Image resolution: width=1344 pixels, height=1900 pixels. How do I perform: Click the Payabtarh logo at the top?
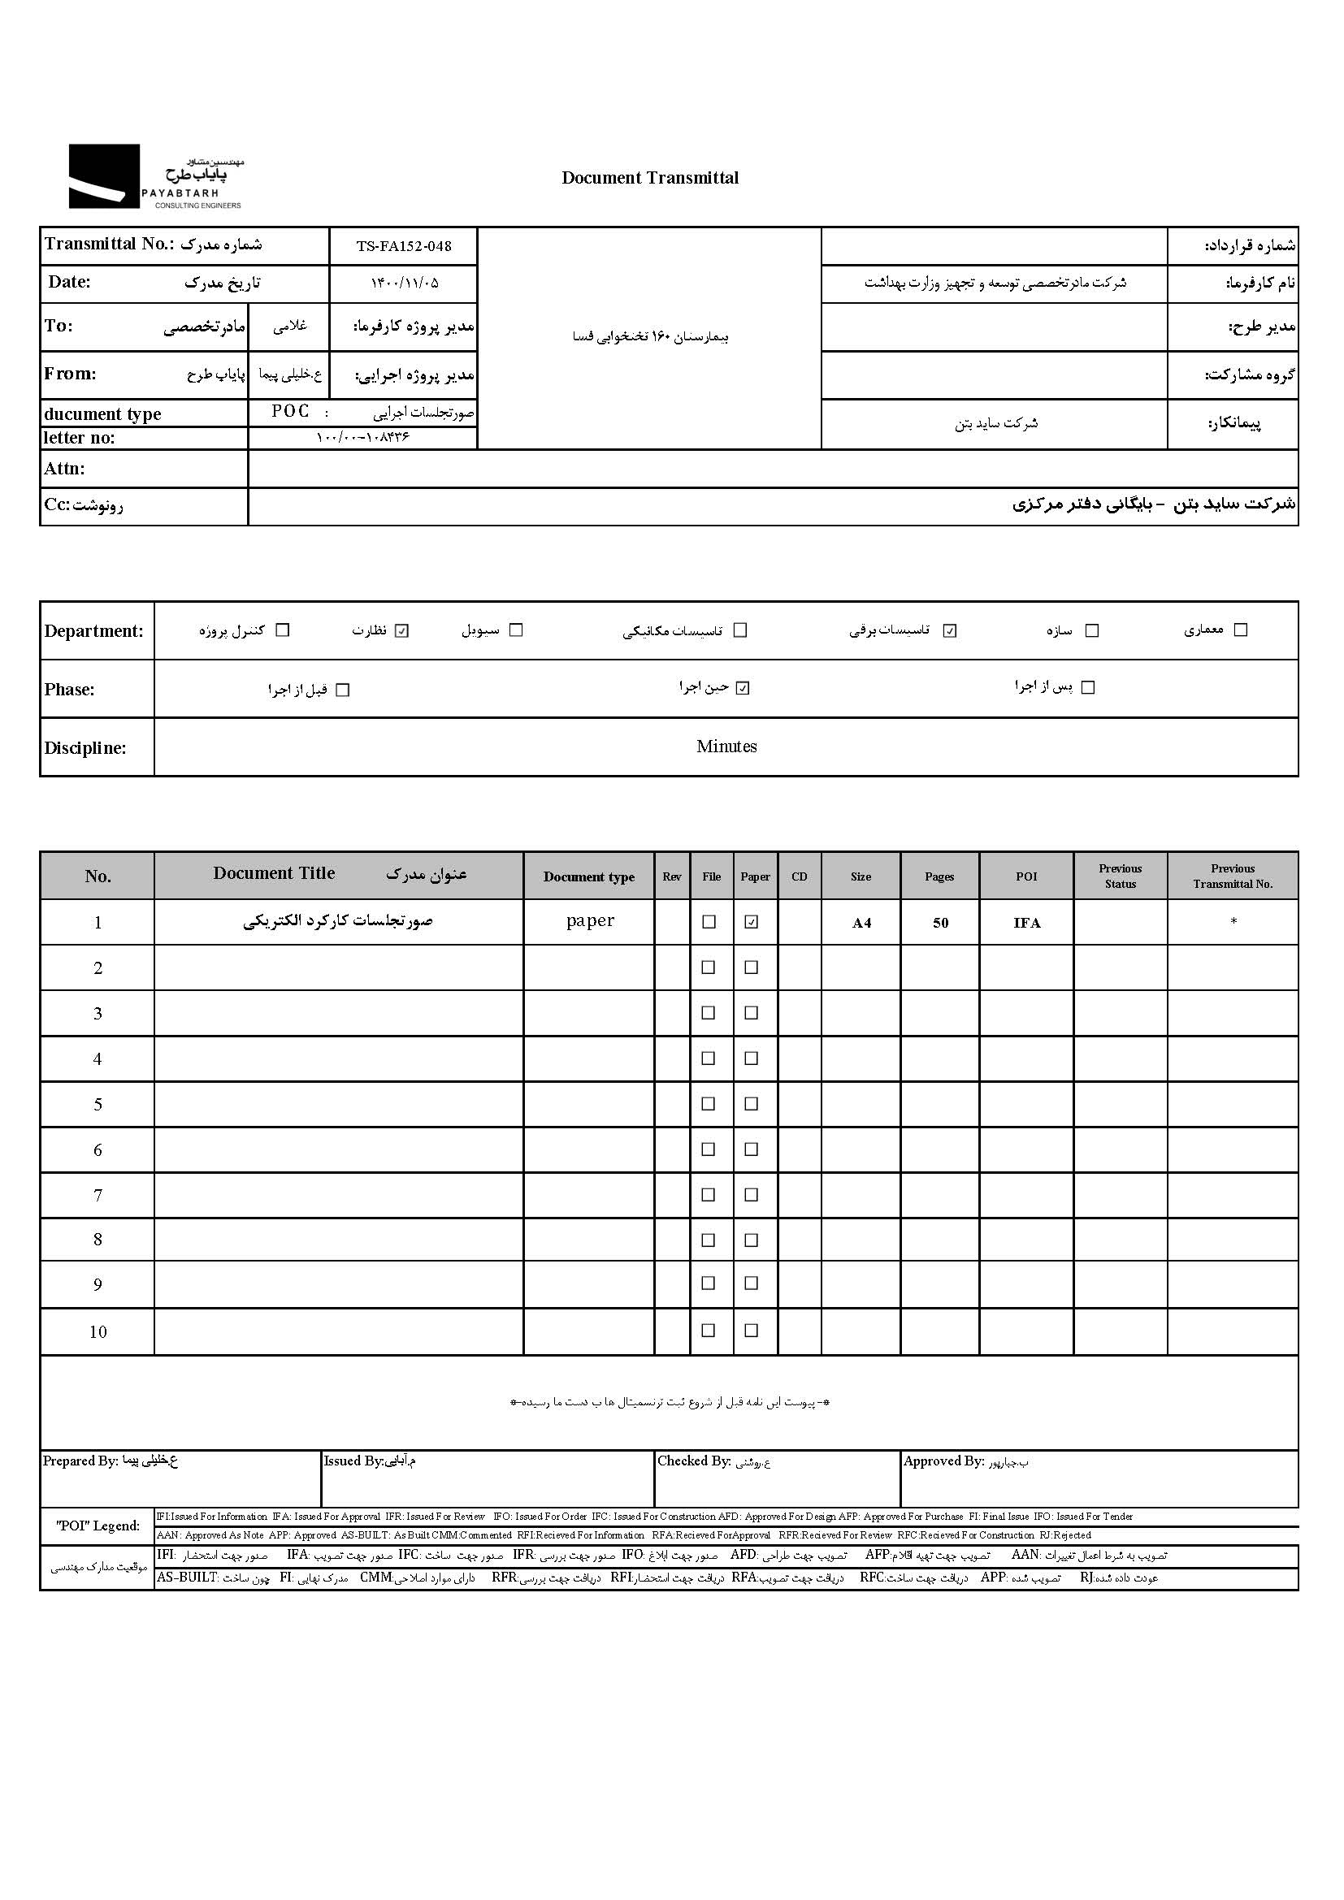(155, 176)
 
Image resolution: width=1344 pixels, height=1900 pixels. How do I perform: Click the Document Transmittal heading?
(650, 178)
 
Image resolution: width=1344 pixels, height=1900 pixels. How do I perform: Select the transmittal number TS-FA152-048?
(404, 246)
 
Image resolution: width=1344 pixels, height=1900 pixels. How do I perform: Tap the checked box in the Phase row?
(743, 689)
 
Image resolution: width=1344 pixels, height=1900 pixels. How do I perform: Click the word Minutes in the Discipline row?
(726, 747)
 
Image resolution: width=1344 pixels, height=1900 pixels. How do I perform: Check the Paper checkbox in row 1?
(752, 922)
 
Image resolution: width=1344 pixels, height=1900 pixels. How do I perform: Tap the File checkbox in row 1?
(709, 922)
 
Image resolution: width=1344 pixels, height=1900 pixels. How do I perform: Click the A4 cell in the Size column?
(861, 924)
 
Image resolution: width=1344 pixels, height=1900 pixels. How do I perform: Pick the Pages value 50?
(940, 924)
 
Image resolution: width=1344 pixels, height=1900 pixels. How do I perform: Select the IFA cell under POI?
(1026, 924)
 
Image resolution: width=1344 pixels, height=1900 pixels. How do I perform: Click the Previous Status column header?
(1120, 876)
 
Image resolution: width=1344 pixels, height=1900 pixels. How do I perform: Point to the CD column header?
(800, 877)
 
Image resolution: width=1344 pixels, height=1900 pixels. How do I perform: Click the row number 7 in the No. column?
(98, 1195)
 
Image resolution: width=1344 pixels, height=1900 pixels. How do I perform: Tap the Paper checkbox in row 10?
(752, 1331)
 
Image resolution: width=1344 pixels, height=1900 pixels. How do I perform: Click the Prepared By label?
(80, 1461)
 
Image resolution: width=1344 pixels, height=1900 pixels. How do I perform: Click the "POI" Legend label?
(98, 1526)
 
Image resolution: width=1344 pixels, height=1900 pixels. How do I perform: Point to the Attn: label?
(64, 470)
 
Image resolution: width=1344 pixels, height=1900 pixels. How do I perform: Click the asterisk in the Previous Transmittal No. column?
(1233, 922)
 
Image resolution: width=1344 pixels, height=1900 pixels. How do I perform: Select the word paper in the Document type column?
(590, 921)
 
